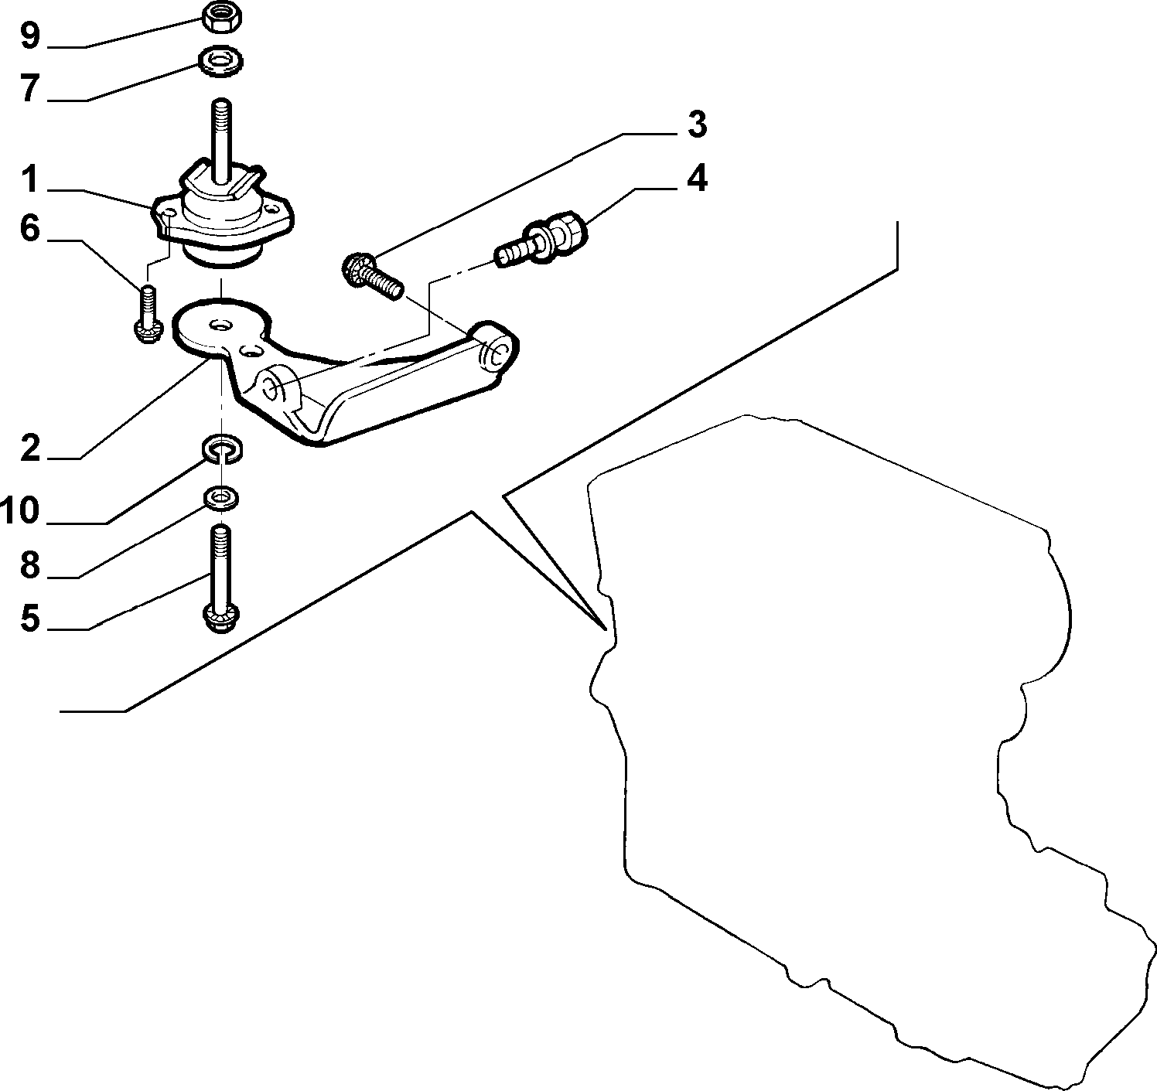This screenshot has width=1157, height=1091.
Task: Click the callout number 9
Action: tap(29, 36)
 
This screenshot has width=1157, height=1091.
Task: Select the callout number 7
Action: tap(30, 88)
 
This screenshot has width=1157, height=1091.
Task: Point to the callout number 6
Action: tap(29, 228)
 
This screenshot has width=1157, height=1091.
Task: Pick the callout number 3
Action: tap(697, 124)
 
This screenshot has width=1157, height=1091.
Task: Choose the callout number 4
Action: tap(697, 178)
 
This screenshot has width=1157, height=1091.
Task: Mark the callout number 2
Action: tap(30, 448)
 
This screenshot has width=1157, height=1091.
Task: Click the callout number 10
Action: tap(20, 510)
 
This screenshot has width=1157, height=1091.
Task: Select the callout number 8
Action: tap(30, 564)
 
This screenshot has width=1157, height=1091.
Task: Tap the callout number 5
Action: tap(30, 618)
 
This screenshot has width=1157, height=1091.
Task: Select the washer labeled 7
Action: tap(220, 61)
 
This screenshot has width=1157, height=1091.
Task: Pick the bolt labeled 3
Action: tap(372, 276)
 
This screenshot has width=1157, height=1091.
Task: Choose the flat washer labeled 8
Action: tap(220, 498)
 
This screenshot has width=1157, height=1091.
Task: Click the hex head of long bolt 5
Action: tap(221, 618)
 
